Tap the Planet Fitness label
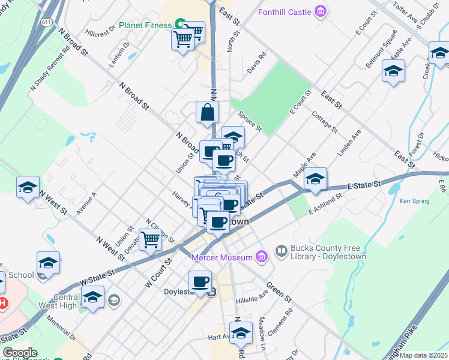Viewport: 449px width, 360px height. (146, 25)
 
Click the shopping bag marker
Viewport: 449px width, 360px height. (207, 113)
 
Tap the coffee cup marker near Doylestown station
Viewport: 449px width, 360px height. (200, 281)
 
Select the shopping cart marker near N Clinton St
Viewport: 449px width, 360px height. (151, 239)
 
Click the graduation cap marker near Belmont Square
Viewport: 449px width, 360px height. (393, 71)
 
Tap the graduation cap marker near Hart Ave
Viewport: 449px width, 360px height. (241, 332)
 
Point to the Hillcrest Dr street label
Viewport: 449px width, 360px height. (100, 34)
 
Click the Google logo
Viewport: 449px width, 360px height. (20, 352)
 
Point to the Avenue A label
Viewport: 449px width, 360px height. (86, 203)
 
